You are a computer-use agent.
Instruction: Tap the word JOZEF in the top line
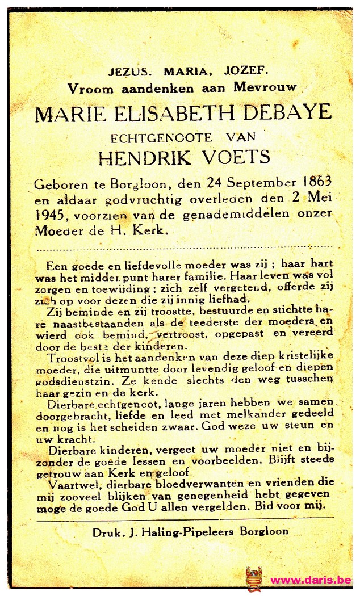pyautogui.click(x=246, y=71)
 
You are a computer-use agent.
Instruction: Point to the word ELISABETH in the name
pyautogui.click(x=169, y=113)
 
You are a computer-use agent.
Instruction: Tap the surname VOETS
pyautogui.click(x=235, y=157)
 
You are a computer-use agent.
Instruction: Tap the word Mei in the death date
pyautogui.click(x=320, y=199)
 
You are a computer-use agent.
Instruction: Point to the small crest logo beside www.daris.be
pyautogui.click(x=254, y=579)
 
